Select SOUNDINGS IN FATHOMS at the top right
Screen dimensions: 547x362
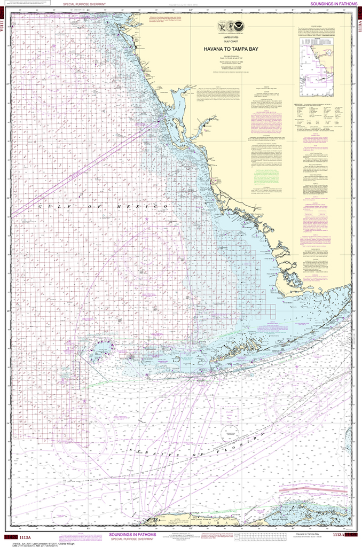[x=331, y=4]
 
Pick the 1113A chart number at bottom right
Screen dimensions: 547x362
[x=339, y=534]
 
